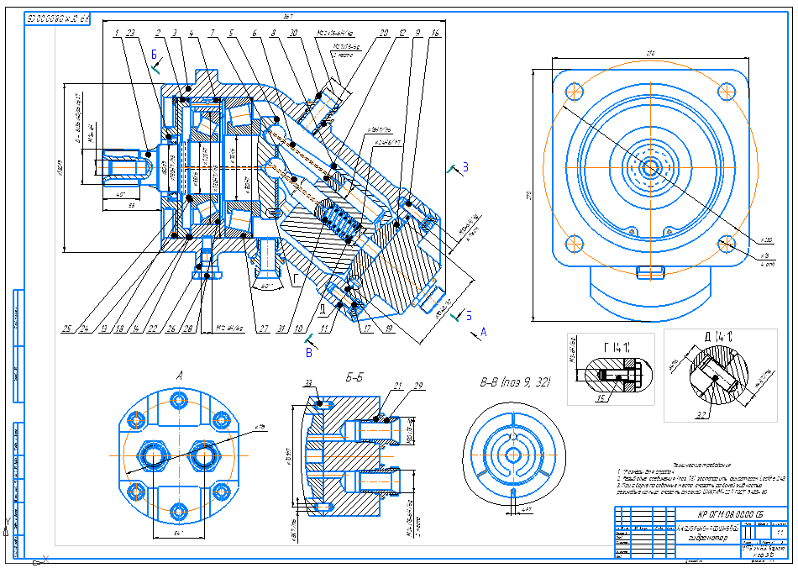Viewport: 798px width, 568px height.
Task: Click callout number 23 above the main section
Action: click(130, 33)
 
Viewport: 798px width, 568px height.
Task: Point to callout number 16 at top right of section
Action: click(434, 33)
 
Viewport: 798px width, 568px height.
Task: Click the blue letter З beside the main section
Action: click(465, 167)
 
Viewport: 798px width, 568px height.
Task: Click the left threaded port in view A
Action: click(156, 455)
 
